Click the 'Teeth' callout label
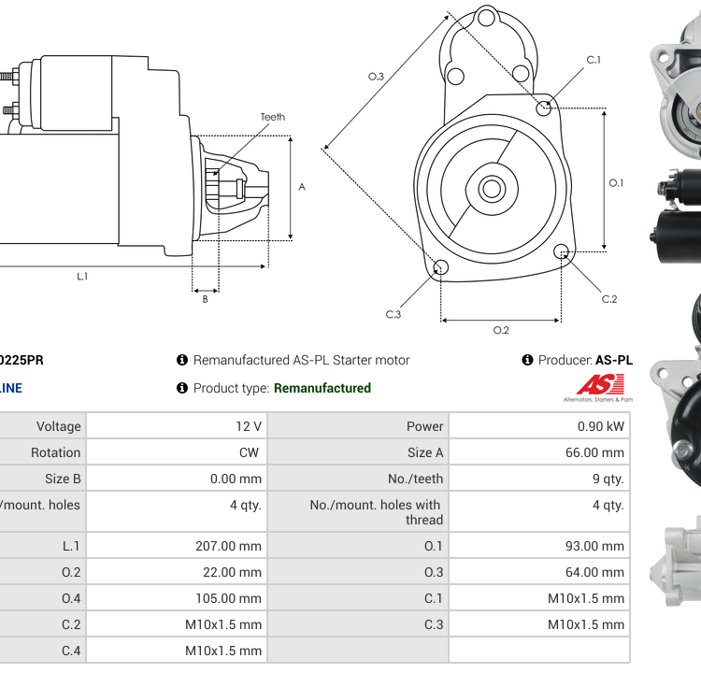[273, 117]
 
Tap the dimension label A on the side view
[302, 187]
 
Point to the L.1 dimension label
[82, 276]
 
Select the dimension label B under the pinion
[205, 299]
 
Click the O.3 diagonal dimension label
[377, 76]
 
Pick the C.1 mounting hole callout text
[594, 60]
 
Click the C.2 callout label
[609, 299]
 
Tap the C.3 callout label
[393, 314]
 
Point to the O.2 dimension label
[501, 330]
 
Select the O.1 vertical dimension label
[616, 182]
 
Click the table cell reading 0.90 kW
[604, 426]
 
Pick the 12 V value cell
[249, 426]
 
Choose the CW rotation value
[251, 452]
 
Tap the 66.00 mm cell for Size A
[595, 452]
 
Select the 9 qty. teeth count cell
[604, 479]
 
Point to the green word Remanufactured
[322, 388]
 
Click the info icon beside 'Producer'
[527, 360]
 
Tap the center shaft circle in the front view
[492, 189]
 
